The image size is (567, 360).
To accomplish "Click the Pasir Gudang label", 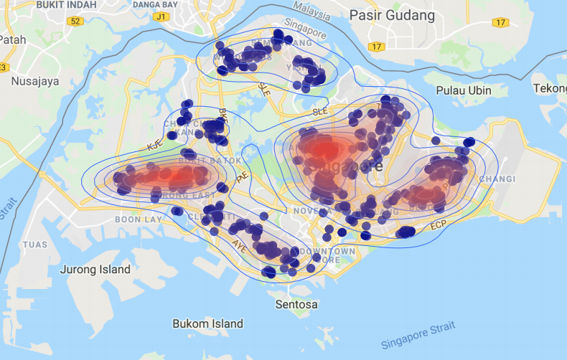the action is tap(392, 15).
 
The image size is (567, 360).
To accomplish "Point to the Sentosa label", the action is tap(296, 305).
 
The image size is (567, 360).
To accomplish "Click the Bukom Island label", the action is tap(208, 324).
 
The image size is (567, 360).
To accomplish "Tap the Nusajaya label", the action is tap(34, 81).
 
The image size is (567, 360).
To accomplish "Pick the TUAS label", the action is tap(34, 245).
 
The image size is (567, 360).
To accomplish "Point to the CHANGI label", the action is tap(497, 179).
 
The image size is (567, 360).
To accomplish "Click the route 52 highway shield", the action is tap(75, 21).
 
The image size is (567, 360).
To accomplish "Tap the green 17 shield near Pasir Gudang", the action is tap(376, 47).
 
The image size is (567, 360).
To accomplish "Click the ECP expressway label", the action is tap(439, 226).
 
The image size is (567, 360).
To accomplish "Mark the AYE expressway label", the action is tap(238, 243).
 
